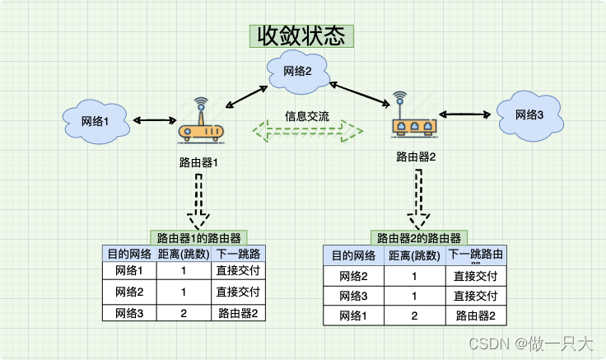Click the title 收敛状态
point(302,36)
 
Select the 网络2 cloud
point(298,72)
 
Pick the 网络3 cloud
point(529,115)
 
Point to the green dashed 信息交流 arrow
point(307,130)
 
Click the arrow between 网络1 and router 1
point(150,121)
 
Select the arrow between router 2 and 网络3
point(465,115)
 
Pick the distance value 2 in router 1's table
point(184,313)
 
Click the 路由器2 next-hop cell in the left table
point(238,313)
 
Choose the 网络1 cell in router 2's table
point(354,316)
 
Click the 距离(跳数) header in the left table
point(184,254)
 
